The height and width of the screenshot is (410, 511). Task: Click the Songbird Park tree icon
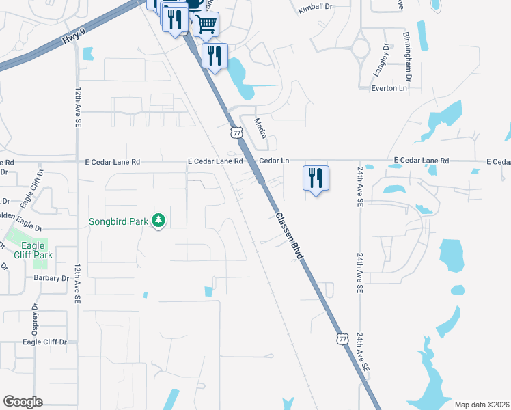tap(158, 221)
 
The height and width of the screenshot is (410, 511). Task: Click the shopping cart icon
tap(206, 25)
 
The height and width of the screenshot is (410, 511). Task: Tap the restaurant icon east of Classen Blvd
tap(316, 179)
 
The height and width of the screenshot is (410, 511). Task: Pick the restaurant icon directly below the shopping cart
tap(215, 57)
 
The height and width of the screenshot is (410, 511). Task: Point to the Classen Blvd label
tap(290, 234)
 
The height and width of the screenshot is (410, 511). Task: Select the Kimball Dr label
tap(314, 10)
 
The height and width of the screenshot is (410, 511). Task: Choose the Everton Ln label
tap(389, 88)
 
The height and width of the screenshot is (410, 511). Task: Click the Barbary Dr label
tap(52, 278)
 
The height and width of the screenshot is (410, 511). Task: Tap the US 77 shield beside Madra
tap(236, 131)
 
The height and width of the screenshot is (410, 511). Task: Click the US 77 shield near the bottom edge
tap(342, 338)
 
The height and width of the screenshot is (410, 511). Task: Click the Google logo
tap(23, 402)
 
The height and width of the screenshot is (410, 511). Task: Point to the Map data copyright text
tap(482, 405)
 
